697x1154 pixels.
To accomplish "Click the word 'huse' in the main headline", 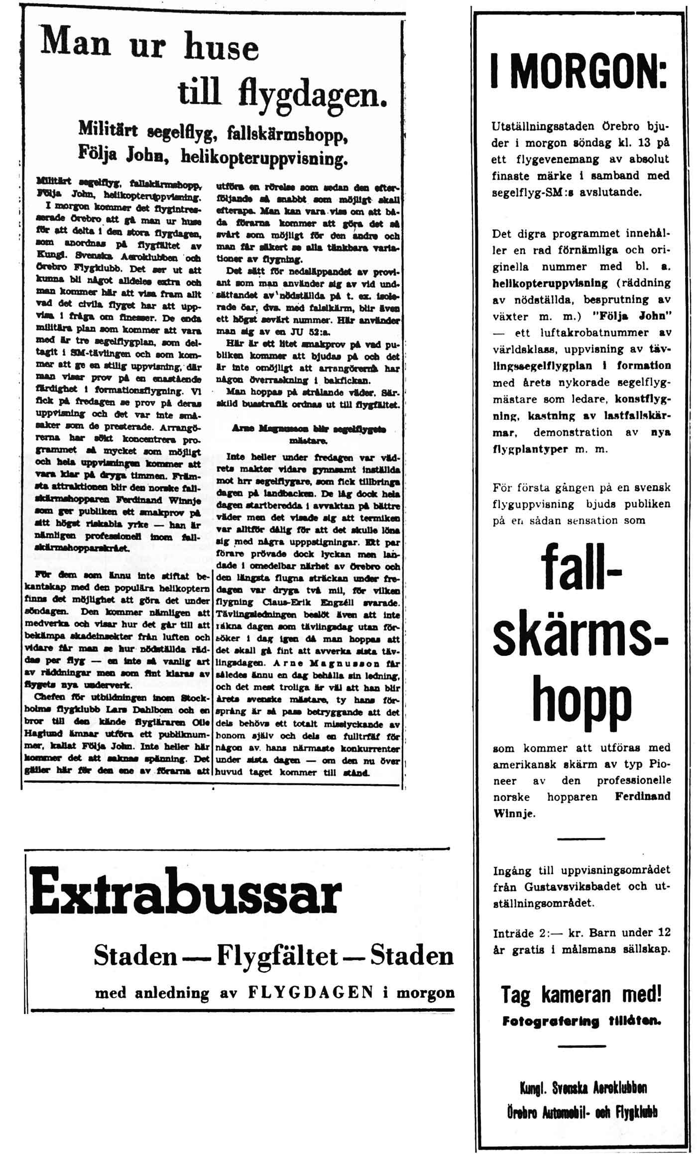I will (222, 47).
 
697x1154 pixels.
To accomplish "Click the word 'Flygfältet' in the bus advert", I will (278, 956).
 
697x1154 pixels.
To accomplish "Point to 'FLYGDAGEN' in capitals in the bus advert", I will (311, 992).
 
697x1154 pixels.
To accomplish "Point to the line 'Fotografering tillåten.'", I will (581, 1021).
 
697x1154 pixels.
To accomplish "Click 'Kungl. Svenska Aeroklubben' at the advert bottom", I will (583, 1088).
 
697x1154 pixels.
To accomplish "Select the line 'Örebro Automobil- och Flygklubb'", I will (582, 1112).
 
